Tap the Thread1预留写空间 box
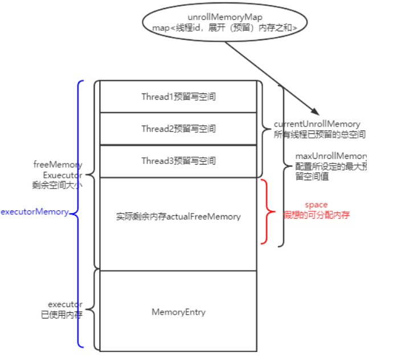point(178,97)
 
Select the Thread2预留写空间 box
point(178,129)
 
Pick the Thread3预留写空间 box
point(178,161)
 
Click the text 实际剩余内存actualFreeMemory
point(178,216)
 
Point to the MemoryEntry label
point(178,312)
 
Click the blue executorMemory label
point(34,212)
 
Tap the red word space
point(316,204)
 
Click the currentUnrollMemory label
point(317,124)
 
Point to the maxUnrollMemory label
point(330,156)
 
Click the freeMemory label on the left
point(58,165)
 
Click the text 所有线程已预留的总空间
point(320,135)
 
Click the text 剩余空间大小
point(58,185)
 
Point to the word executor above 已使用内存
point(65,304)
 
